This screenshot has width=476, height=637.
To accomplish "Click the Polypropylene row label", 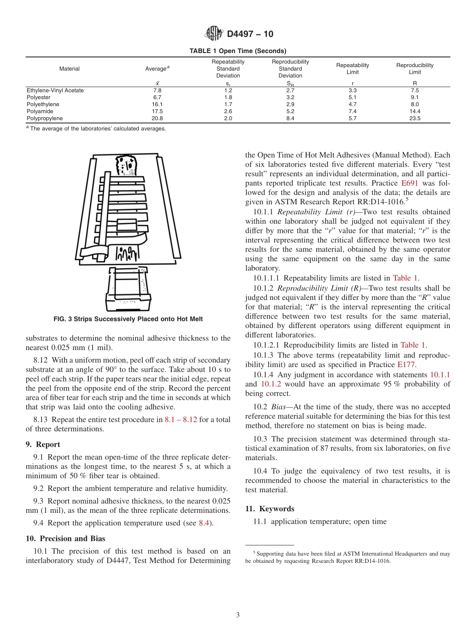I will (x=45, y=119).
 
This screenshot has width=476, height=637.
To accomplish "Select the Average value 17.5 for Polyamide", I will (x=157, y=112).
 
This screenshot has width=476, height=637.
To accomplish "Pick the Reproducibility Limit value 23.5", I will (x=414, y=119).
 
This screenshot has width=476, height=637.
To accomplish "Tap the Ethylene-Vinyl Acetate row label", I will (x=55, y=91).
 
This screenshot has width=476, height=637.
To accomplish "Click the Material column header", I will (x=69, y=69).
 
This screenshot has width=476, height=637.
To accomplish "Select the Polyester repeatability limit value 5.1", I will (x=352, y=98).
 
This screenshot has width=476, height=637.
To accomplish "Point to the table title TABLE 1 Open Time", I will (x=237, y=51).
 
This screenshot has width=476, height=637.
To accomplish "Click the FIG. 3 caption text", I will (x=128, y=319).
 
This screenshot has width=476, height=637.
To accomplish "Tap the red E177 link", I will (x=405, y=365).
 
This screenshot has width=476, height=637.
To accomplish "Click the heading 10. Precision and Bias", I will (x=65, y=539).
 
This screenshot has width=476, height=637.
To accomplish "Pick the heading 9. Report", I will (x=43, y=444).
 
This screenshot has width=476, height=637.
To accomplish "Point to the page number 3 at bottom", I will (x=238, y=615).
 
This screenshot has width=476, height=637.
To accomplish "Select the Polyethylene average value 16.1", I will (x=157, y=105).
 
